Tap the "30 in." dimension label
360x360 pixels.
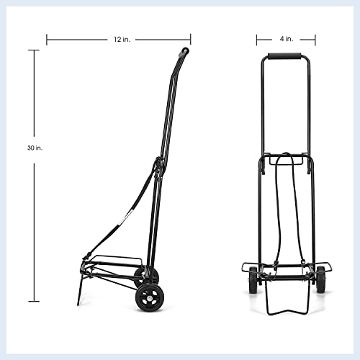tap(34, 148)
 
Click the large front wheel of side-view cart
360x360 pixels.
tap(150, 297)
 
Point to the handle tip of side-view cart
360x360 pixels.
tap(184, 52)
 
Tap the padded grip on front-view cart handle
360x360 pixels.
tap(286, 56)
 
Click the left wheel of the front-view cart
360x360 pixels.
tap(253, 279)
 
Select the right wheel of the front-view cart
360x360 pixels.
tap(320, 279)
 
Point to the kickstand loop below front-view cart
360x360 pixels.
tap(286, 302)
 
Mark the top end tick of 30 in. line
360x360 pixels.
tap(34, 50)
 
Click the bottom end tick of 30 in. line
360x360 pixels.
tap(34, 301)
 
